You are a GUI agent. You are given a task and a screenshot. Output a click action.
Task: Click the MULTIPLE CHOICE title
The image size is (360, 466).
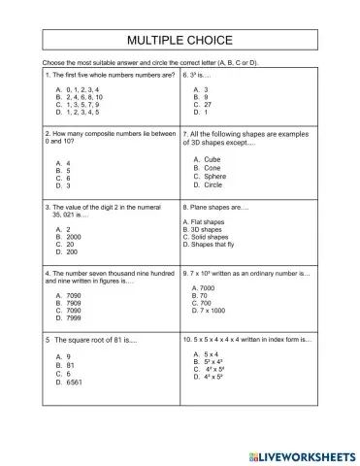(x=180, y=41)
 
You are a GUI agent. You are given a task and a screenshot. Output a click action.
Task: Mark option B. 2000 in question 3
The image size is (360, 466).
(x=69, y=237)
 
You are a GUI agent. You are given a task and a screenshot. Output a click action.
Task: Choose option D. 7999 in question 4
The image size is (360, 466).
(x=69, y=317)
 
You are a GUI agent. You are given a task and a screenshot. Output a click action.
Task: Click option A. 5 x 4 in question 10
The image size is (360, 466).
(x=208, y=354)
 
